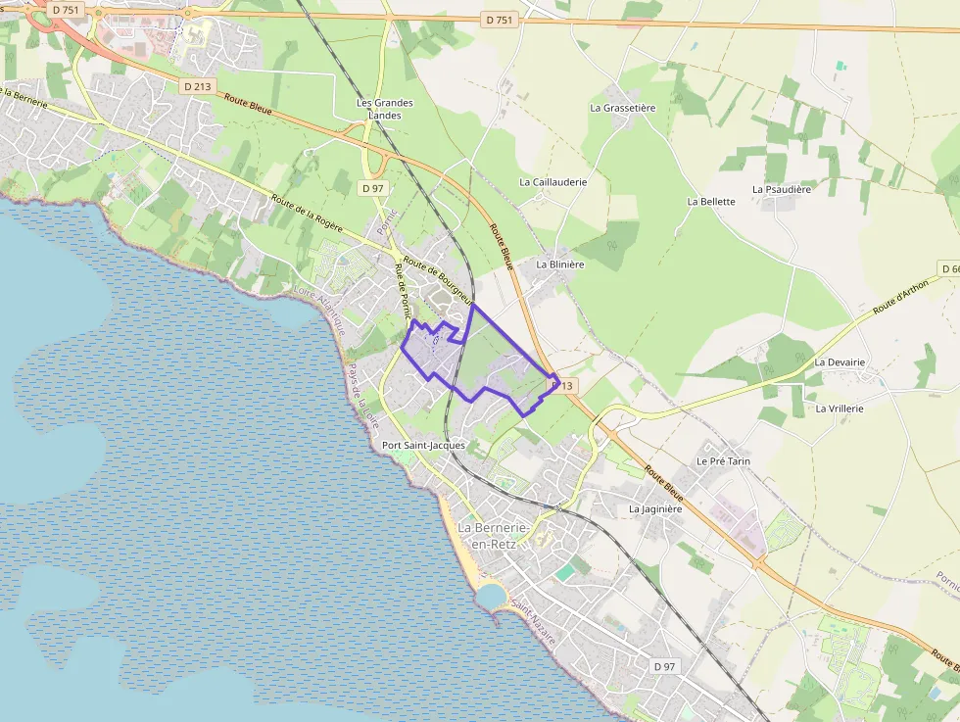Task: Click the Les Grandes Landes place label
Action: click(384, 109)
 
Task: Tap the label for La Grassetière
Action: click(622, 108)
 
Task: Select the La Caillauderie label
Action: click(553, 182)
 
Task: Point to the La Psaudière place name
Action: click(782, 189)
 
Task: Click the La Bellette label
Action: click(711, 202)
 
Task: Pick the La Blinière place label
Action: click(560, 265)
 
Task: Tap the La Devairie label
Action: click(840, 362)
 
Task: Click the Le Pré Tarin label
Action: click(723, 460)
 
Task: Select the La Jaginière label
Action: click(654, 509)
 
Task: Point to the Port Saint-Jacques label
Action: click(423, 446)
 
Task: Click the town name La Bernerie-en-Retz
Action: click(494, 536)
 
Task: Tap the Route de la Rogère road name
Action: click(308, 211)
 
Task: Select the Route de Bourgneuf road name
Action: click(438, 280)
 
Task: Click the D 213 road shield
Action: click(197, 86)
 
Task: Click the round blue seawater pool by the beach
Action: click(490, 595)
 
